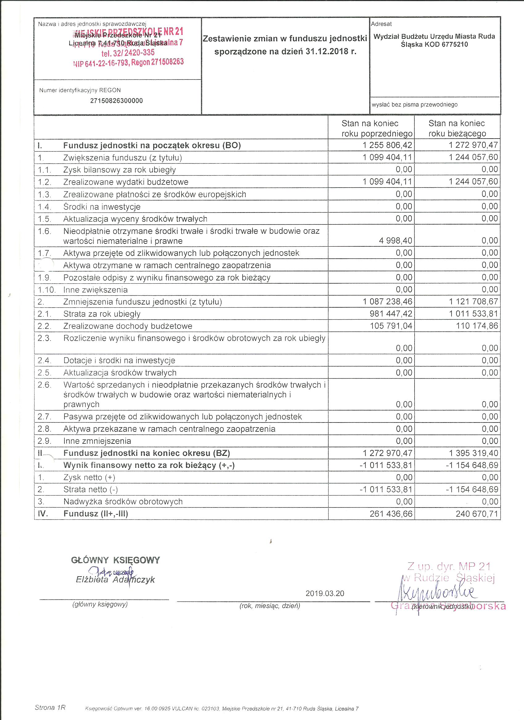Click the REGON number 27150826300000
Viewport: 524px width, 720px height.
[116, 101]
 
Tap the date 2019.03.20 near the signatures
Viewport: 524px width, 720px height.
[325, 593]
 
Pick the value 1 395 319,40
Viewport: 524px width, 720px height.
[473, 453]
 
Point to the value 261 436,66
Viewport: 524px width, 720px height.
[391, 514]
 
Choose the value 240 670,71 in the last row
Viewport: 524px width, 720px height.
[477, 514]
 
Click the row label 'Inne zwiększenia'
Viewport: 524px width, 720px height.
[95, 290]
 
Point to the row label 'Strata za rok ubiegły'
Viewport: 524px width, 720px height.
[102, 314]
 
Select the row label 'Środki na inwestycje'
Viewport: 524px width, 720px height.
[102, 207]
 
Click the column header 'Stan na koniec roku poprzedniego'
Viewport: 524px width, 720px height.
[371, 128]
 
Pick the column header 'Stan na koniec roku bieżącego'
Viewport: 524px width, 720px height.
[457, 128]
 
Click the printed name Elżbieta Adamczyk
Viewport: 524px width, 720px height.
[115, 580]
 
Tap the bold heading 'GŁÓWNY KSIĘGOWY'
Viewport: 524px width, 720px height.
[115, 560]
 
